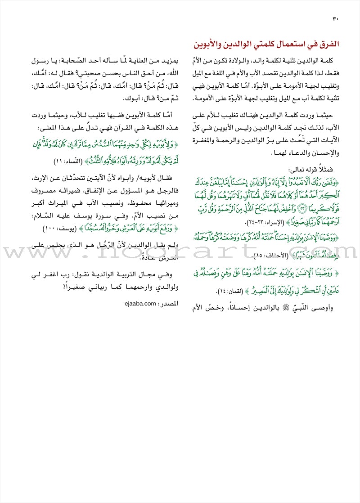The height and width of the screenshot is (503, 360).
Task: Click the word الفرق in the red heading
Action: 328,45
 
